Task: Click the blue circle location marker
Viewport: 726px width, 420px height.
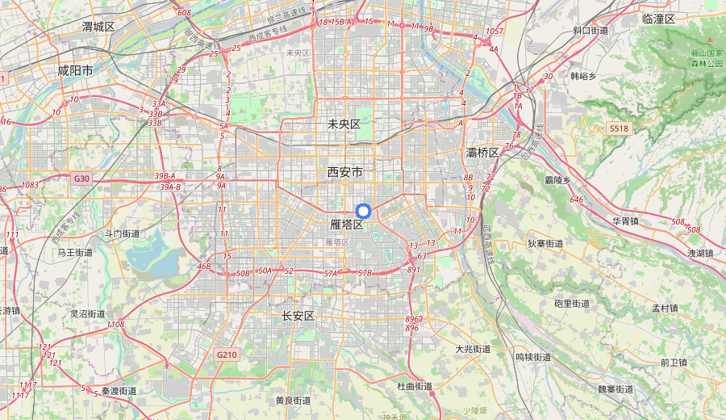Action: pos(363,211)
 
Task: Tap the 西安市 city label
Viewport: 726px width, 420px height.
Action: pos(344,172)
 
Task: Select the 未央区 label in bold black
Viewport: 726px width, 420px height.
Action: pos(344,124)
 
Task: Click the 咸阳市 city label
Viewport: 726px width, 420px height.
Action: pos(75,70)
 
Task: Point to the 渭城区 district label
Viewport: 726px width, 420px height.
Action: pos(98,27)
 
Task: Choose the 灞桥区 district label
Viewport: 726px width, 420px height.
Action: pos(483,153)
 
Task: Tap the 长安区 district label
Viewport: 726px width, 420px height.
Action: pos(298,315)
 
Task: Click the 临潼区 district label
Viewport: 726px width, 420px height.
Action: pos(658,19)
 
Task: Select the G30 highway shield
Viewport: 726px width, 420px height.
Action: pos(81,178)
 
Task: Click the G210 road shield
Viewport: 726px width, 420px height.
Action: pos(227,355)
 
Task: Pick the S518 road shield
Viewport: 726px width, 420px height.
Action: pos(619,128)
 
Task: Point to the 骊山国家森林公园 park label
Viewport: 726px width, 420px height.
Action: pos(706,58)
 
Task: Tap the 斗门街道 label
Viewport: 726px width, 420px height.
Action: pos(122,233)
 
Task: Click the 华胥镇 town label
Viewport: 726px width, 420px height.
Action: pos(625,220)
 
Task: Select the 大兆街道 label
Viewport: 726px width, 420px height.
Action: pos(473,349)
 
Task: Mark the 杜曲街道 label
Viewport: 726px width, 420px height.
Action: pos(415,386)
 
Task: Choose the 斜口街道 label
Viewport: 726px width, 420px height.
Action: pos(590,30)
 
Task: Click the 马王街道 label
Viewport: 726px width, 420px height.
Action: pos(74,252)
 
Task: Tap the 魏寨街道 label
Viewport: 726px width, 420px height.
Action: pos(615,389)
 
